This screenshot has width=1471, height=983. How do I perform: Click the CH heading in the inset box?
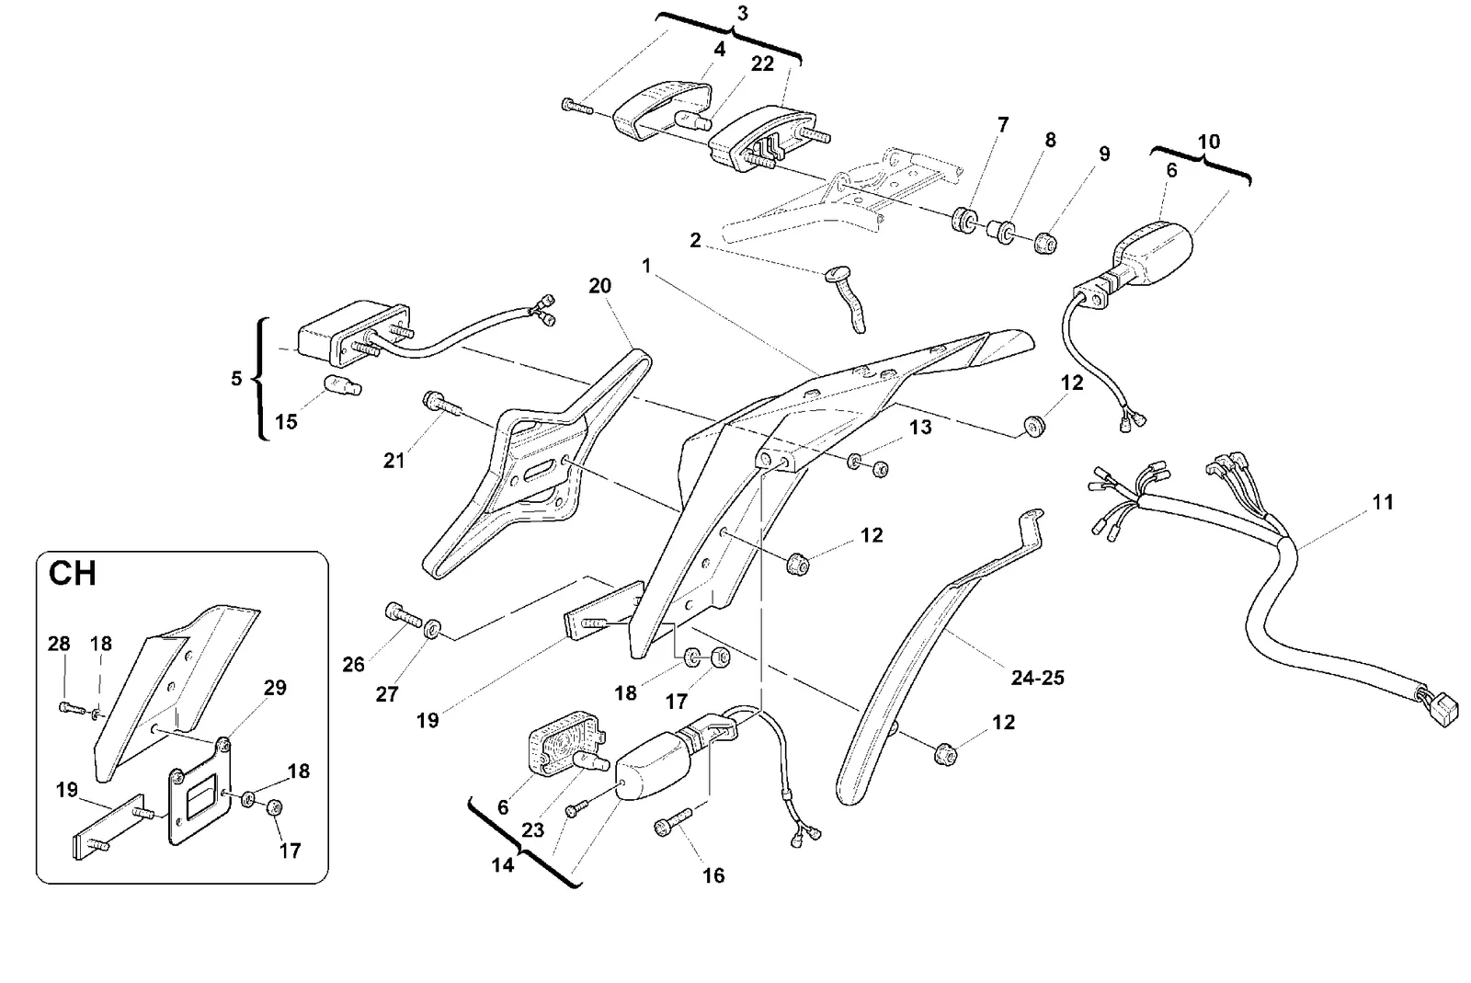pos(73,573)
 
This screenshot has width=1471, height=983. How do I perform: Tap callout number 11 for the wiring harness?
pos(1383,502)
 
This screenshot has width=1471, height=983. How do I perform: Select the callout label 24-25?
pos(1038,678)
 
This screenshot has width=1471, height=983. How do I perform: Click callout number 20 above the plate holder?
pos(599,286)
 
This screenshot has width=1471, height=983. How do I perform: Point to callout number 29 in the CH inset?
pos(275,688)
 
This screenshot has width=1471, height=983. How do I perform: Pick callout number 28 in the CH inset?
pos(59,644)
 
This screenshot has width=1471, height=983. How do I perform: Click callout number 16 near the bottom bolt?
pos(713,875)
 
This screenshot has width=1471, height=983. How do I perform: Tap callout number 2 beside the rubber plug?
pos(695,240)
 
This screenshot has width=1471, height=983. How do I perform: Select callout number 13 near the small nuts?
pos(920,428)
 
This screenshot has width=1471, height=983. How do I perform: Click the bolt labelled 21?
pos(443,406)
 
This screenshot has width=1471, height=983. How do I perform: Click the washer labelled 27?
pos(432,629)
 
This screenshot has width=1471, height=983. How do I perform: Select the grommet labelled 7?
pos(964,220)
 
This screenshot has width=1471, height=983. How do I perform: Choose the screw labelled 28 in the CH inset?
pos(73,709)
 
